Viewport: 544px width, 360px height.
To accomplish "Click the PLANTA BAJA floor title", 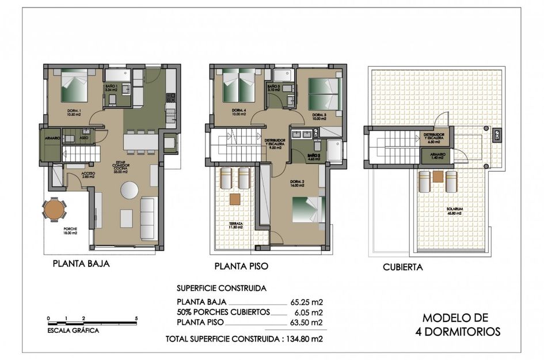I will pyautogui.click(x=81, y=264).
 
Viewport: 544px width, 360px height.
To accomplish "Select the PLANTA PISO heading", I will pyautogui.click(x=241, y=266).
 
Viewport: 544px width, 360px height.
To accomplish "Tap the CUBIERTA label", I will pyautogui.click(x=403, y=267).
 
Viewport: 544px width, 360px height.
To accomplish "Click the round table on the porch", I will pyautogui.click(x=54, y=209).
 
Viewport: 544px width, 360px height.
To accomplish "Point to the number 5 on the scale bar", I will pyautogui.click(x=136, y=318).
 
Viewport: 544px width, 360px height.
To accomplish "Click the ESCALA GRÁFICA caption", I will pyautogui.click(x=73, y=331).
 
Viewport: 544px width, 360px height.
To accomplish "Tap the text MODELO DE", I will pyautogui.click(x=455, y=317).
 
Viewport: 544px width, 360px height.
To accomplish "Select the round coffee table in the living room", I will pyautogui.click(x=128, y=191).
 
